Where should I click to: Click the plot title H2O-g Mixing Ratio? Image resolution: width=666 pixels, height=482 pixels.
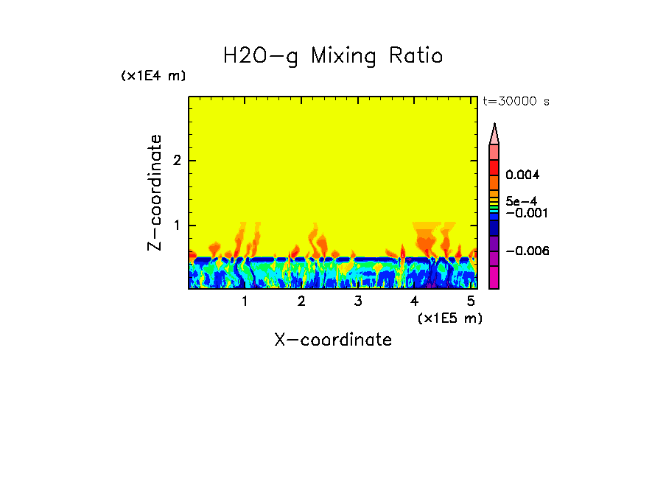333,56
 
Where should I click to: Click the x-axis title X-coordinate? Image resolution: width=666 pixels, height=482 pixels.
333,340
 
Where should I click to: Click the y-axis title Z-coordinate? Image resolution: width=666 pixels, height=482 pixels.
155,192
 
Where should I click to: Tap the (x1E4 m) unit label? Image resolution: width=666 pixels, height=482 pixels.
153,76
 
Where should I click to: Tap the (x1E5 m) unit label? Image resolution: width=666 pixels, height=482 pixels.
449,318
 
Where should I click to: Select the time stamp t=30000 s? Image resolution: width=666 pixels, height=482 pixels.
516,102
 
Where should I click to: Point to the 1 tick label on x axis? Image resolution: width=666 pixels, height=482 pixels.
245,301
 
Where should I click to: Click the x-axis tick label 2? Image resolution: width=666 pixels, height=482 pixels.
301,301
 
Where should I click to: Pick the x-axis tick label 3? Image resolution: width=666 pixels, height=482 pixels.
358,301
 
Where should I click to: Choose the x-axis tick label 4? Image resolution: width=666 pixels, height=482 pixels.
414,301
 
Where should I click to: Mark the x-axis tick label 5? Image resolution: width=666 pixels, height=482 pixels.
471,301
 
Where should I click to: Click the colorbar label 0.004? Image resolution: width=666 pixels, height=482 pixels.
523,175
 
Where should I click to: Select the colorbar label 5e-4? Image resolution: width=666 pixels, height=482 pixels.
522,200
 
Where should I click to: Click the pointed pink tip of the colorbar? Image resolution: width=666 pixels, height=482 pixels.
494,134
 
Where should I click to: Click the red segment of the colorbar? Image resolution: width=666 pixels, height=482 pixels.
494,167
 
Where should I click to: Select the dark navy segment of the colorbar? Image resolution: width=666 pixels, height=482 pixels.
494,228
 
